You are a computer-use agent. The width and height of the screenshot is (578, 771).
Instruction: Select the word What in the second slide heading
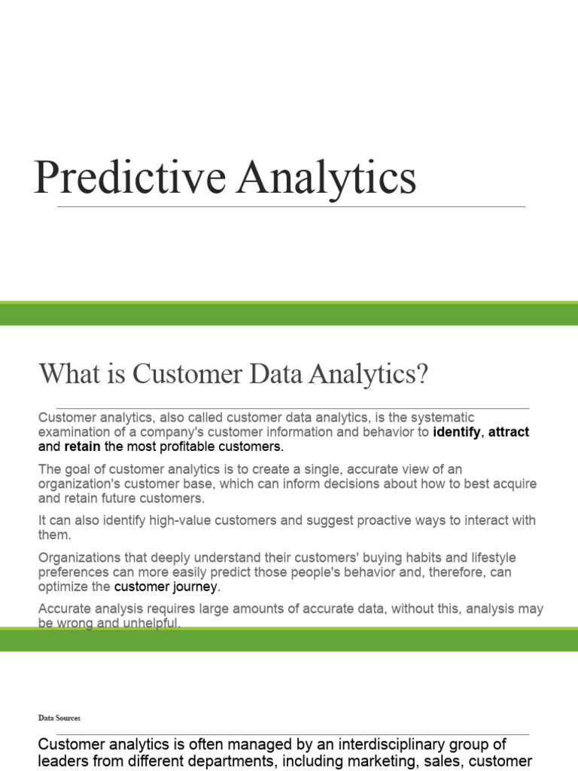pyautogui.click(x=67, y=373)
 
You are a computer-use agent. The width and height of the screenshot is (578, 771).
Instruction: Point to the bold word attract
pyautogui.click(x=509, y=432)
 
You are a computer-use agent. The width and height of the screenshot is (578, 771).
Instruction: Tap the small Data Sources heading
pyautogui.click(x=59, y=718)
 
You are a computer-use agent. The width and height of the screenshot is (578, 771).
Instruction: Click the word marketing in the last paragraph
pyautogui.click(x=367, y=760)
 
